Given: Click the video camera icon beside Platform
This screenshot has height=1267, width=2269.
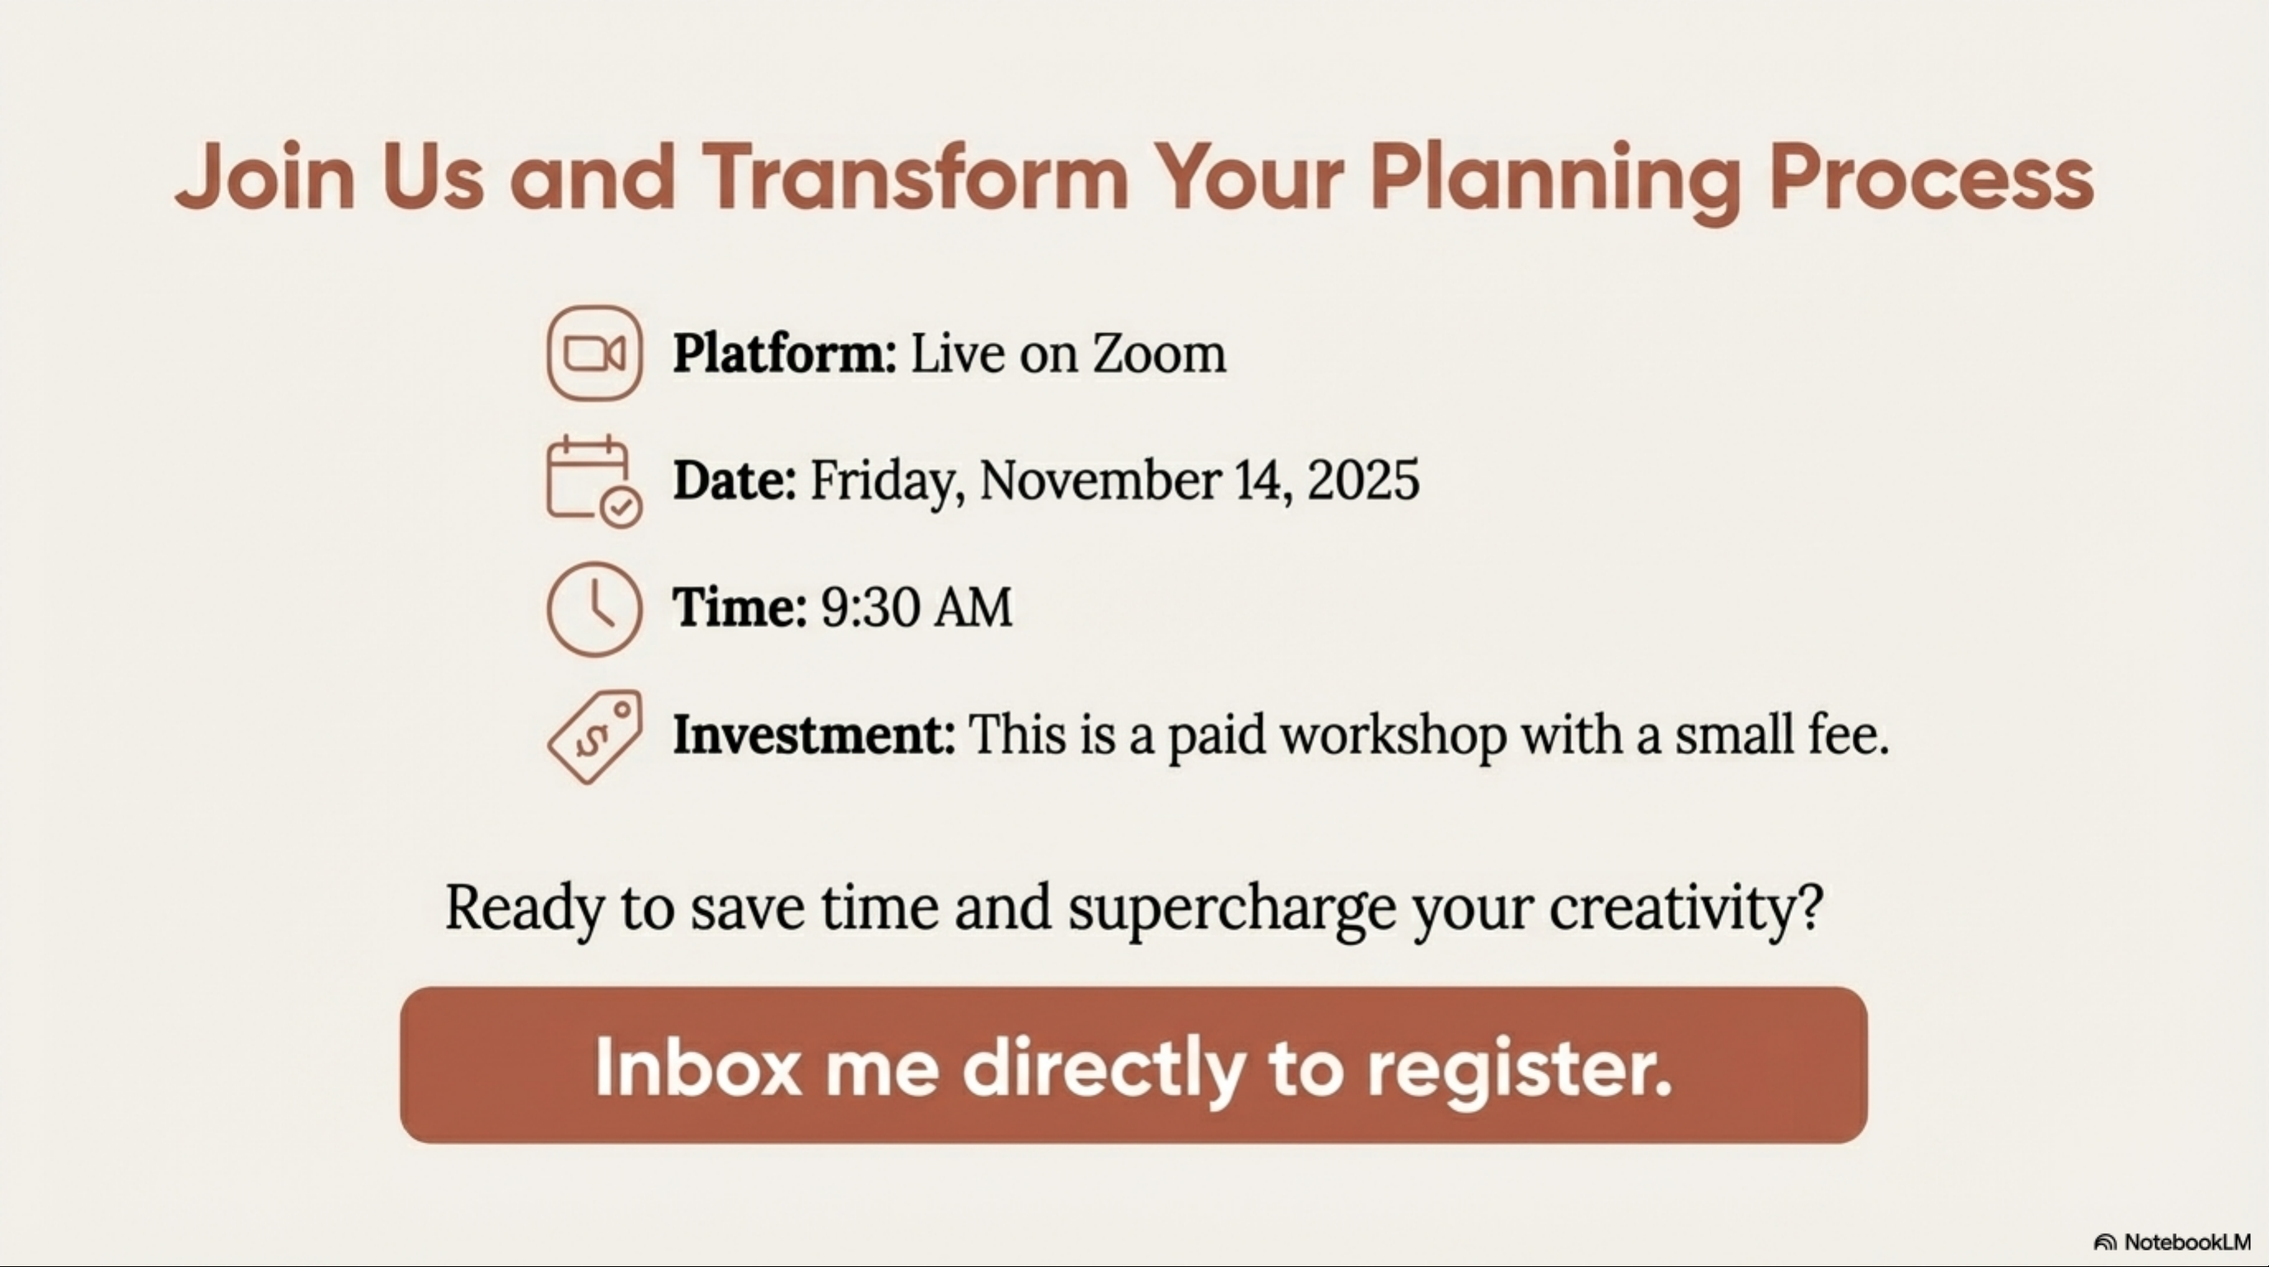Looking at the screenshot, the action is (x=594, y=354).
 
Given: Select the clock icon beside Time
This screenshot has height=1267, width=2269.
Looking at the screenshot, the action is (x=594, y=609).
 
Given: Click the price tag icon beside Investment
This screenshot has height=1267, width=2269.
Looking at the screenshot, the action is (x=594, y=737).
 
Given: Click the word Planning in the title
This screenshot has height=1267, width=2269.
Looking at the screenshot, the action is (x=1554, y=181).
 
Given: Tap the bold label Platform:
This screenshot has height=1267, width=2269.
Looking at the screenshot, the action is (x=785, y=354).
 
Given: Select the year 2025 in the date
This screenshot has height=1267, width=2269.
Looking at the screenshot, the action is (x=1363, y=481).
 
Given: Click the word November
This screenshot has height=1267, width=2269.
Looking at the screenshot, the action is (x=1100, y=481).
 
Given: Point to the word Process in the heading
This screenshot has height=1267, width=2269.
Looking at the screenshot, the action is (x=1932, y=178).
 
